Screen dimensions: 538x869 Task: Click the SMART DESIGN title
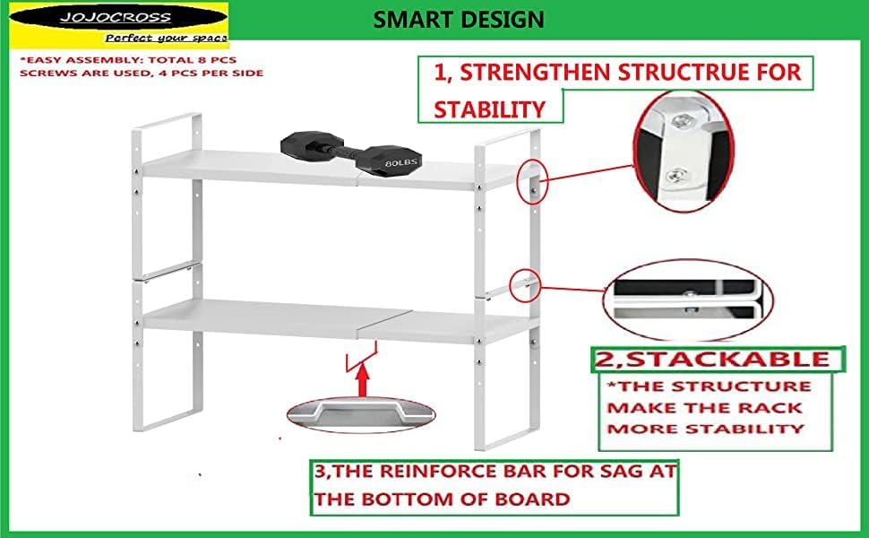coord(458,19)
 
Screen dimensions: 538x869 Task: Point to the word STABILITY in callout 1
coord(489,109)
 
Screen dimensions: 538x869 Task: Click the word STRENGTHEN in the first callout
coord(538,73)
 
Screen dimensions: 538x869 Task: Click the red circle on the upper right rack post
coord(530,182)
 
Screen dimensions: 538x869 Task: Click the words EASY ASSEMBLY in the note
coord(68,60)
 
